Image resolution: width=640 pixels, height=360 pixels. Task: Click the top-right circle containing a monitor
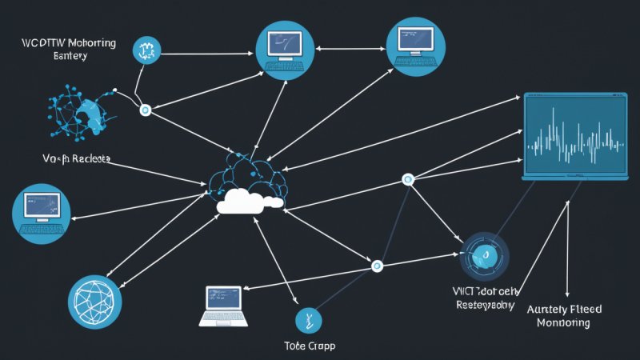pyautogui.click(x=414, y=44)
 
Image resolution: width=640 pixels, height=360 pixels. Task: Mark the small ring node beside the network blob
pyautogui.click(x=145, y=110)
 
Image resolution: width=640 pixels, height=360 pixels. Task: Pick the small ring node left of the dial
pyautogui.click(x=378, y=265)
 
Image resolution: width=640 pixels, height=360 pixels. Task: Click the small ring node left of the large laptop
pyautogui.click(x=409, y=180)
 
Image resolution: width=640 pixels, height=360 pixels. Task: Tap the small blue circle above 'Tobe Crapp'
pyautogui.click(x=306, y=320)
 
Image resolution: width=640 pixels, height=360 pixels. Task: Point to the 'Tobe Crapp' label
pyautogui.click(x=309, y=346)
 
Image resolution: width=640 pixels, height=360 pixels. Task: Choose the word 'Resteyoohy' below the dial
pyautogui.click(x=484, y=304)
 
